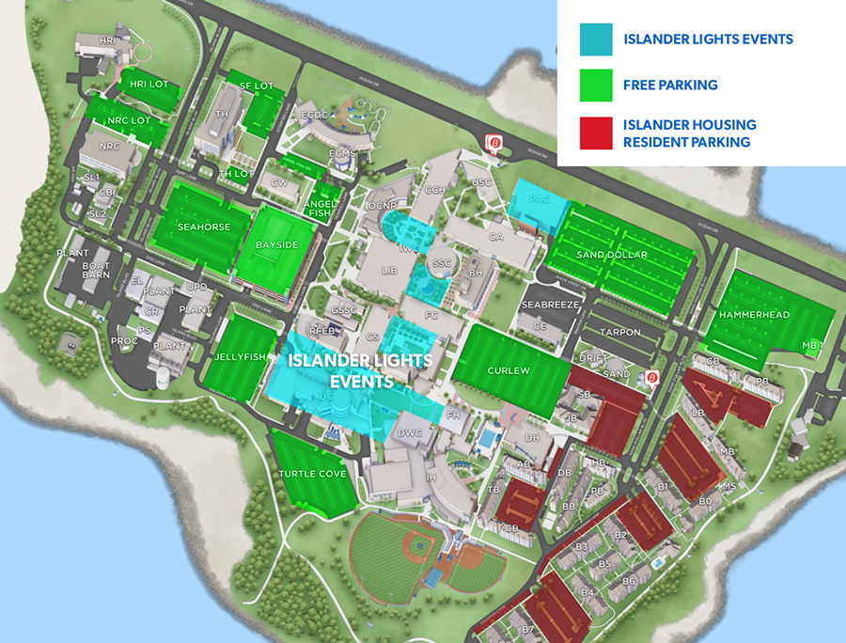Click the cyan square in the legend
click(597, 39)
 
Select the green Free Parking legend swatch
click(597, 85)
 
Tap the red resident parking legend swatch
click(597, 133)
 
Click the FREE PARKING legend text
click(670, 85)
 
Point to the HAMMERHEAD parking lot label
click(756, 315)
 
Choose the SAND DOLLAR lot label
click(612, 255)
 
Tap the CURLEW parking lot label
click(508, 370)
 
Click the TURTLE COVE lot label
click(312, 474)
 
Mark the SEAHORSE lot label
click(203, 227)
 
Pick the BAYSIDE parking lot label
click(276, 245)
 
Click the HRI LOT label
click(149, 85)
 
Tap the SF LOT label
click(256, 86)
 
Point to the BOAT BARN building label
click(95, 270)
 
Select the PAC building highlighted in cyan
click(540, 200)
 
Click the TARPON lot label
click(619, 332)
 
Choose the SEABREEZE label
click(551, 306)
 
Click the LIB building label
click(390, 270)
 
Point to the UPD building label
click(196, 286)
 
